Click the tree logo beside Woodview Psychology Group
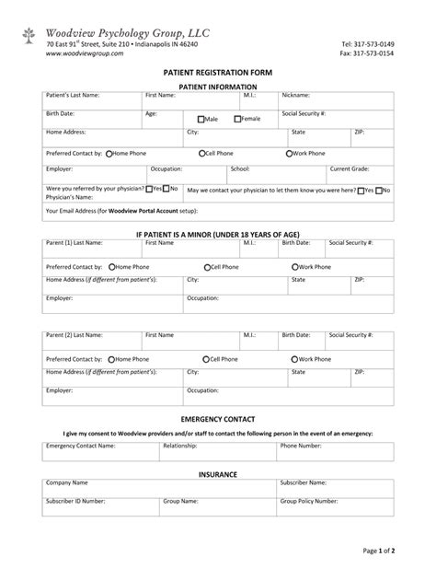click(x=31, y=36)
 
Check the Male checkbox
click(x=201, y=119)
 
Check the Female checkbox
click(x=238, y=119)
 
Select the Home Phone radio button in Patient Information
click(x=109, y=153)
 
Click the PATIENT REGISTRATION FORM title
click(x=218, y=71)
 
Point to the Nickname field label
click(x=297, y=95)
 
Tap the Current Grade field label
click(x=350, y=169)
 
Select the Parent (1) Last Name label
click(x=75, y=243)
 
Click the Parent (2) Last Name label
click(x=75, y=335)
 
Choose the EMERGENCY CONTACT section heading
click(x=218, y=419)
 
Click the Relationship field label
click(x=180, y=445)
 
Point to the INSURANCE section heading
click(x=218, y=474)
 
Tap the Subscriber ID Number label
click(x=75, y=502)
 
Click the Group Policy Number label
click(x=313, y=502)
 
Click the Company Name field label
click(x=67, y=481)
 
